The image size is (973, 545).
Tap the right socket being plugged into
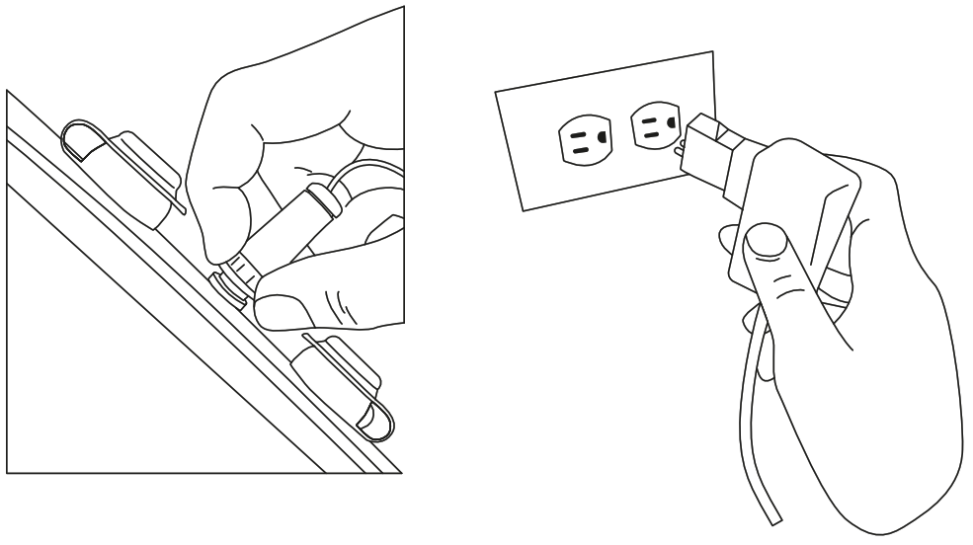(653, 129)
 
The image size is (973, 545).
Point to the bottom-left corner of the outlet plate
(521, 209)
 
